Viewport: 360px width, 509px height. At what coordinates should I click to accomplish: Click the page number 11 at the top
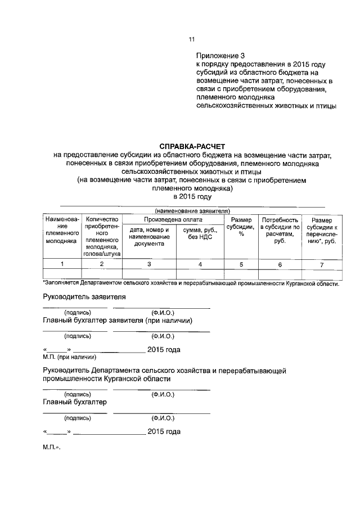(x=192, y=39)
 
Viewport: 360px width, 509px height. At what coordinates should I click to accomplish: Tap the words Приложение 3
(x=221, y=56)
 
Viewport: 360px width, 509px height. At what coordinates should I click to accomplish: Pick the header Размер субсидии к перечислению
(x=322, y=231)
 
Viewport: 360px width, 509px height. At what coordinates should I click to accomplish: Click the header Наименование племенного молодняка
(x=62, y=230)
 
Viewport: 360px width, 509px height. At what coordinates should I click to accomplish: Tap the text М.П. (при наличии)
(x=70, y=357)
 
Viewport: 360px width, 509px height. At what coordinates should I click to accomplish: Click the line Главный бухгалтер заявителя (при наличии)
(x=119, y=321)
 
